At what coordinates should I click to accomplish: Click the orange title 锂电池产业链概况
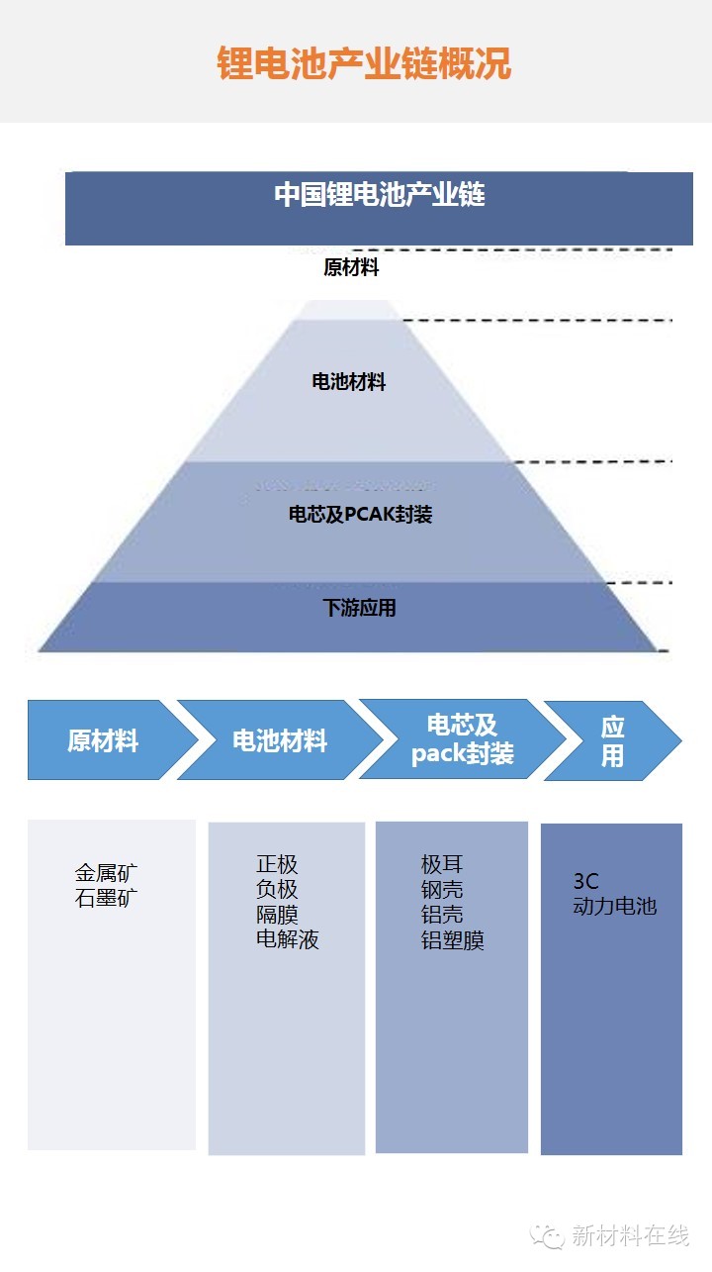pyautogui.click(x=364, y=63)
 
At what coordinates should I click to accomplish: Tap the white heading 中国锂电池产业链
pyautogui.click(x=380, y=194)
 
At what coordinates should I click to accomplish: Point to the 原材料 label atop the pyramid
pyautogui.click(x=351, y=267)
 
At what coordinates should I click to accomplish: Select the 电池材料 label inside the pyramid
pyautogui.click(x=349, y=382)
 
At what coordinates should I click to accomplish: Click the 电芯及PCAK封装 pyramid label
pyautogui.click(x=360, y=515)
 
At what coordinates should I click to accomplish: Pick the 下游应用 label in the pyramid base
pyautogui.click(x=359, y=608)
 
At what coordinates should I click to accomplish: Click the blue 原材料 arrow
pyautogui.click(x=103, y=740)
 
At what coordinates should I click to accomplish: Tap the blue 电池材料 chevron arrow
pyautogui.click(x=280, y=740)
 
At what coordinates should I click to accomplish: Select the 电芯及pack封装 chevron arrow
pyautogui.click(x=462, y=739)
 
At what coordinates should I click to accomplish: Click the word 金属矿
pyautogui.click(x=107, y=874)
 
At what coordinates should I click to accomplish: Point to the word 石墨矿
pyautogui.click(x=107, y=899)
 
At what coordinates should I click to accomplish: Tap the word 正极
pyautogui.click(x=277, y=864)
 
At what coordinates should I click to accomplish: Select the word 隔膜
pyautogui.click(x=277, y=915)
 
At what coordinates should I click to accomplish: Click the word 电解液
pyautogui.click(x=288, y=939)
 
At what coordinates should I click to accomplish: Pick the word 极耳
pyautogui.click(x=442, y=864)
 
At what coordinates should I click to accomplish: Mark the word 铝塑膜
pyautogui.click(x=453, y=940)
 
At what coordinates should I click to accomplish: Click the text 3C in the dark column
pyautogui.click(x=586, y=881)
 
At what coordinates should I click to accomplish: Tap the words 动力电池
pyautogui.click(x=614, y=906)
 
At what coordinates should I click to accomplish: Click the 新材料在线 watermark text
pyautogui.click(x=630, y=1235)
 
